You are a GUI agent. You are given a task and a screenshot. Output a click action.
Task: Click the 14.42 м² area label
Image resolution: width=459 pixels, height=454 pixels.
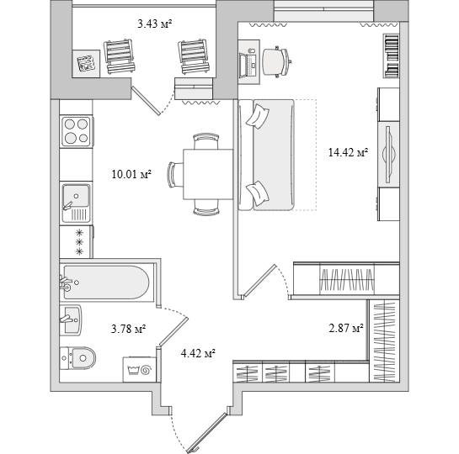click(x=348, y=152)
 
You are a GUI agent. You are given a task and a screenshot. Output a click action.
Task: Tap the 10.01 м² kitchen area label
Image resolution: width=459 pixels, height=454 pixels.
click(x=131, y=174)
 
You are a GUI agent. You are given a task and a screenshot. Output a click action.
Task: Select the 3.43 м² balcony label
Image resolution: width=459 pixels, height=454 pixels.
click(x=155, y=24)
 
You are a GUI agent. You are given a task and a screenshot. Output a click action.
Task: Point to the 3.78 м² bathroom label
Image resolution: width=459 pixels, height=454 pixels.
click(x=129, y=330)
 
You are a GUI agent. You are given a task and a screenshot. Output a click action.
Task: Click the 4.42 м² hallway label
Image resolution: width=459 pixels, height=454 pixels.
click(x=198, y=354)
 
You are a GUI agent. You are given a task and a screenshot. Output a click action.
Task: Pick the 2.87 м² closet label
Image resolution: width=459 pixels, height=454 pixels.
click(x=346, y=328)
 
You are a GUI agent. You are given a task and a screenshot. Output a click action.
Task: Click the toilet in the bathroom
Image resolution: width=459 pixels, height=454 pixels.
click(x=77, y=358)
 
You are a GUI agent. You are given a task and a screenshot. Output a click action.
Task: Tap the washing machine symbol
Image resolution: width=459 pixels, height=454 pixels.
click(x=140, y=369)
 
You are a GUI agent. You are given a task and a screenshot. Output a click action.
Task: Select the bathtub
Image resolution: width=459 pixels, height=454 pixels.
click(x=107, y=282)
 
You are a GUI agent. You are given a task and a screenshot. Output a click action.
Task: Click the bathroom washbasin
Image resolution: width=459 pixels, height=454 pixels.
click(x=71, y=320)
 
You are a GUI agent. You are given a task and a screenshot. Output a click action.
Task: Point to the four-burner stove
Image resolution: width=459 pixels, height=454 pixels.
click(x=77, y=131)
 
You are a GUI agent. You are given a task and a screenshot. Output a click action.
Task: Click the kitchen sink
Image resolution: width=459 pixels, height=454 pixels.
click(x=76, y=203)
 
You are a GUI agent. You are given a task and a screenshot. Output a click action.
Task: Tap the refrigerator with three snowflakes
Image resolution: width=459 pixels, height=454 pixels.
click(x=77, y=241)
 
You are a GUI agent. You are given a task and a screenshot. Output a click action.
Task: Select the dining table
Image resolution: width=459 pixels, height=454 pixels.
click(x=208, y=174)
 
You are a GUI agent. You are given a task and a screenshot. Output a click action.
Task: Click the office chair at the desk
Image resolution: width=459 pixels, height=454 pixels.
click(x=276, y=62)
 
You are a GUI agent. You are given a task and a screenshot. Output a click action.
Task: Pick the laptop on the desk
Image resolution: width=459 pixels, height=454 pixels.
click(x=248, y=64)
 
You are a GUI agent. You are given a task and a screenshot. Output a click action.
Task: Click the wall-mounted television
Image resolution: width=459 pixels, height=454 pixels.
click(x=389, y=155)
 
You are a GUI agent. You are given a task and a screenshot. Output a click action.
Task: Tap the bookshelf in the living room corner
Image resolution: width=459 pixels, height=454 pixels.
click(x=391, y=55)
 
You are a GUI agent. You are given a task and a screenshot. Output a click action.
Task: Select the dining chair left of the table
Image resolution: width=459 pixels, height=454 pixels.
click(x=175, y=174)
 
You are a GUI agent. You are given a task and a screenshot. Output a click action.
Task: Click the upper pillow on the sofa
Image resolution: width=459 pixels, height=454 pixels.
click(x=258, y=116)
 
